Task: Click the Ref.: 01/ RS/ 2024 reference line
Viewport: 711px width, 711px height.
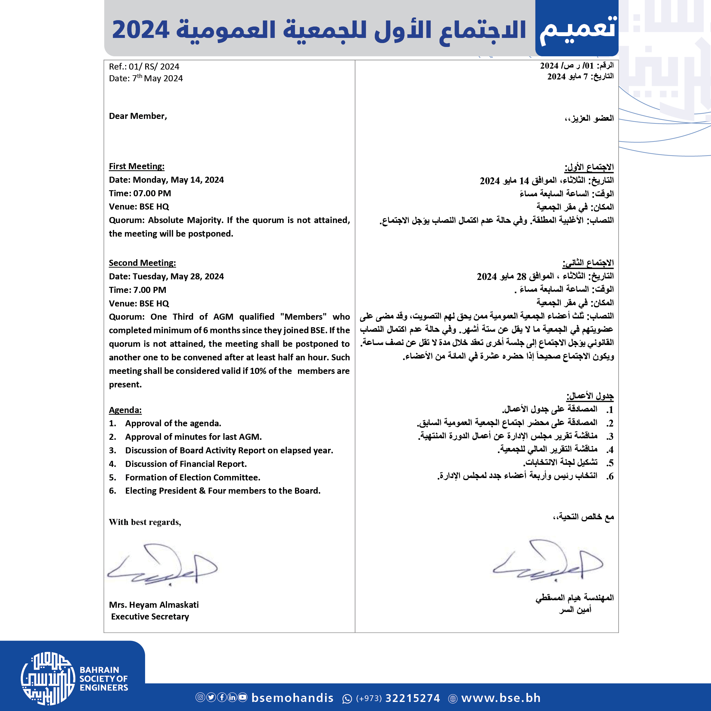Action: click(144, 67)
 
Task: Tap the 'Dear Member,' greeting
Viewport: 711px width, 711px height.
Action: click(138, 116)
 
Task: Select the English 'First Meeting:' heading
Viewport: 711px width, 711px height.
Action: click(137, 166)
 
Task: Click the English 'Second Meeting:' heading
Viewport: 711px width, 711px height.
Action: click(142, 263)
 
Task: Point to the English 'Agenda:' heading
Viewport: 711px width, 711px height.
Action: click(125, 410)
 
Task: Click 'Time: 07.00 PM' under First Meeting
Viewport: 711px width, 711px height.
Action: click(140, 193)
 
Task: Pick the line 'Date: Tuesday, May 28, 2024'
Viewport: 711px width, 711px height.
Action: click(166, 276)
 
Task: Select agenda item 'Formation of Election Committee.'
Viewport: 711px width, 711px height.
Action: click(192, 477)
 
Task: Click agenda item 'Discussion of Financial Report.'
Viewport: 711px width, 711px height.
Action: click(186, 464)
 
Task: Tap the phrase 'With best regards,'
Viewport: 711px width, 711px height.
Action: click(145, 522)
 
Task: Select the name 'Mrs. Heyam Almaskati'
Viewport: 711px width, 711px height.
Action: click(154, 605)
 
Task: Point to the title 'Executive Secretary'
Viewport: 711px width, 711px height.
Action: click(150, 616)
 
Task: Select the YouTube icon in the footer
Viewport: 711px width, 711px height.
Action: click(243, 697)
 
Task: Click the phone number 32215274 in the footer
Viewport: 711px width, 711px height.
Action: click(412, 698)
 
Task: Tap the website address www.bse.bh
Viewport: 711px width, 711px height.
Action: click(501, 698)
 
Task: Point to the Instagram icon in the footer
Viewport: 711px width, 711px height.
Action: click(200, 697)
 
